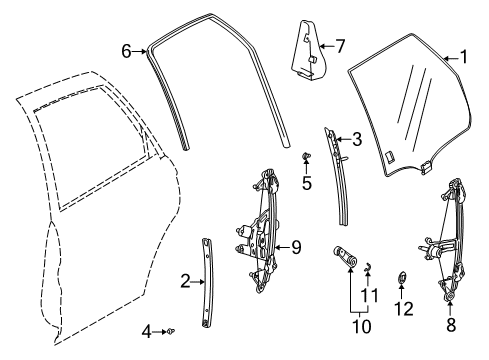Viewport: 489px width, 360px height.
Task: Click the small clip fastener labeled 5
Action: [307, 158]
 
